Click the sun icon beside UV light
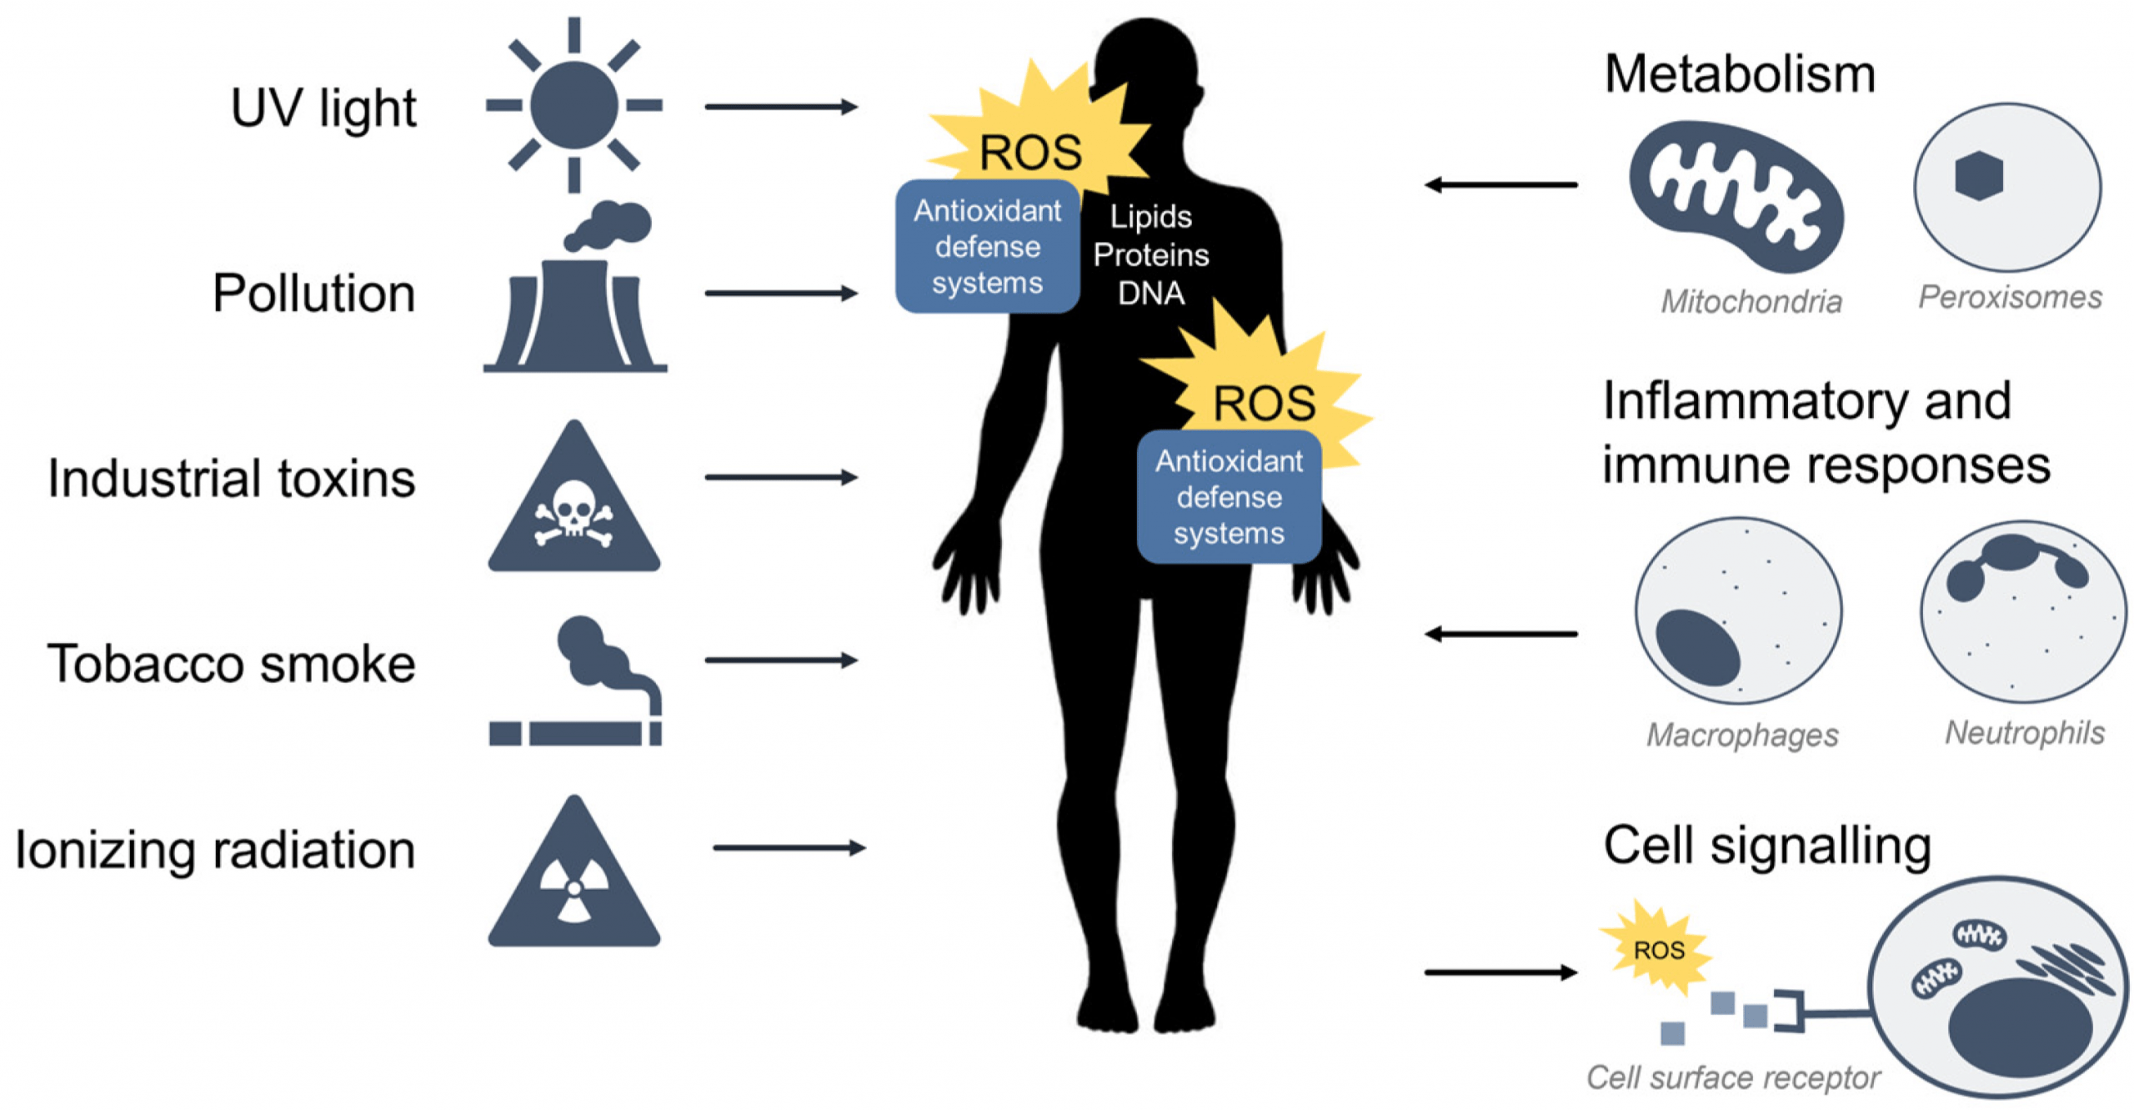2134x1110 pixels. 574,105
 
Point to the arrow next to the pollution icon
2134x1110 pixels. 780,293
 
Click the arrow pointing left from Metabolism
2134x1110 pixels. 1500,184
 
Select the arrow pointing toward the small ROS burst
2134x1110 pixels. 1500,972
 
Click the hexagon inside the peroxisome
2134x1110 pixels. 1978,176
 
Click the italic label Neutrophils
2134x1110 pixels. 2024,732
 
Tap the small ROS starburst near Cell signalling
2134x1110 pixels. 1657,949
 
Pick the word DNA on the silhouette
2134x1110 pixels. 1151,293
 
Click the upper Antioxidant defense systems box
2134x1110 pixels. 987,246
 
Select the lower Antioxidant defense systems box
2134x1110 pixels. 1229,497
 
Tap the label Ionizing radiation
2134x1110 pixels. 215,849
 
